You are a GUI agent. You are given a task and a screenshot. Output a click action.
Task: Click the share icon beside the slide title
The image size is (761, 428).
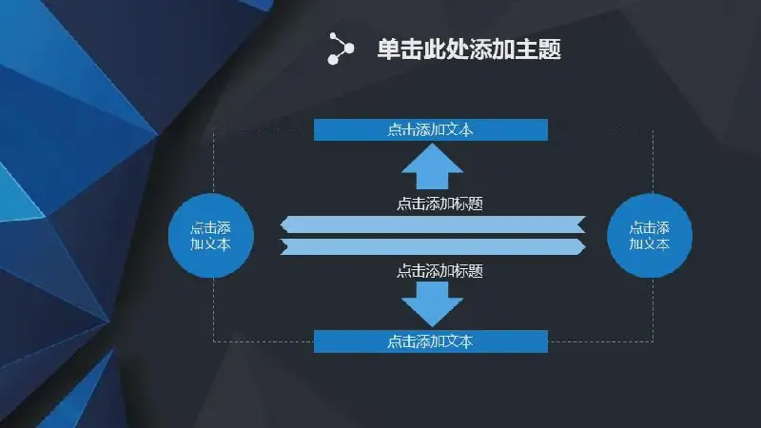point(341,49)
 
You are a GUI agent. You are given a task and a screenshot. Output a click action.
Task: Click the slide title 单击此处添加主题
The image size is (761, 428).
point(469,49)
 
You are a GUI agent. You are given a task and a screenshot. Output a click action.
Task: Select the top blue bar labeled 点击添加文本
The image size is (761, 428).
point(431,129)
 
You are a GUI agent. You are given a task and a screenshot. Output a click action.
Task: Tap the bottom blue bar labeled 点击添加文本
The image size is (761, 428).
point(431,341)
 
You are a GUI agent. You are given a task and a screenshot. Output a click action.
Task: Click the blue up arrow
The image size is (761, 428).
point(432,166)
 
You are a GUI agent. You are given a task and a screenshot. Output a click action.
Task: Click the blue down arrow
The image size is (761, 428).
point(432,304)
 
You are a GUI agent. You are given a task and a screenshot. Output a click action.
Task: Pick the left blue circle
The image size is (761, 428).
point(211,236)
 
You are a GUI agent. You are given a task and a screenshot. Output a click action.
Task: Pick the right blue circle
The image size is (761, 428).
point(650,236)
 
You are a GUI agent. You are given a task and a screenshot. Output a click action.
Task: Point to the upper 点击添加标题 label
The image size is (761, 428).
point(439,204)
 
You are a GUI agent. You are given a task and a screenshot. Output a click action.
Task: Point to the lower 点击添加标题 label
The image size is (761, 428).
point(439,271)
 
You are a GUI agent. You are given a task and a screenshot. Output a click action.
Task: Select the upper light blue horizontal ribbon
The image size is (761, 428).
point(433,224)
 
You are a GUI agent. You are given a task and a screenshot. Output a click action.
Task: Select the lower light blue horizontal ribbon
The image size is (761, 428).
point(433,246)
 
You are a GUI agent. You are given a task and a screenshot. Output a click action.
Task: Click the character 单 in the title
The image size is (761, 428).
point(389,49)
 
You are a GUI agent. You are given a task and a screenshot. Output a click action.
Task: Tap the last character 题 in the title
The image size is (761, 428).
point(550,49)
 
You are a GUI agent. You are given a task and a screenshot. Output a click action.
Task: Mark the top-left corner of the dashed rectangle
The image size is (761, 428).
point(213,129)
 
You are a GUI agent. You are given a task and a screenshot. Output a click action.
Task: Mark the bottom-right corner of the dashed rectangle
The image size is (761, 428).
point(653,341)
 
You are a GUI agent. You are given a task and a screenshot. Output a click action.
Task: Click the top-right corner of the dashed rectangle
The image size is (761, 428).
point(653,129)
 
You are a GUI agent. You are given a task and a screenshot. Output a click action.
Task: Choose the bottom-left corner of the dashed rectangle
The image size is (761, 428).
point(213,341)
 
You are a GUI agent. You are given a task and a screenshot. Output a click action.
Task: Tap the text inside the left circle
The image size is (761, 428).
point(210,236)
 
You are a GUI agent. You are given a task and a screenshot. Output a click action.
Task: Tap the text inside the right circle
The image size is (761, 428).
point(650,236)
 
